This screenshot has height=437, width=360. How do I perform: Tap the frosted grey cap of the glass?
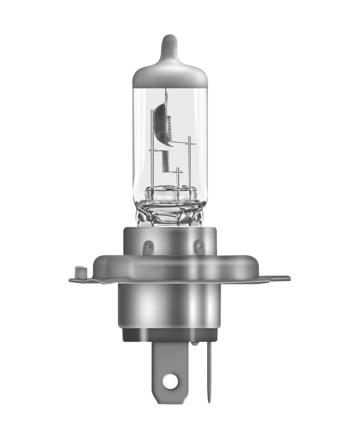pyautogui.click(x=170, y=76)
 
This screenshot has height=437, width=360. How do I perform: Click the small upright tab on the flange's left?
pyautogui.click(x=80, y=271)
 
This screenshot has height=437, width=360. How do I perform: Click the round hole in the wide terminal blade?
pyautogui.click(x=170, y=382)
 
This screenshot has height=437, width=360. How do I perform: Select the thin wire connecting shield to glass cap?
pyautogui.click(x=166, y=96)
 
